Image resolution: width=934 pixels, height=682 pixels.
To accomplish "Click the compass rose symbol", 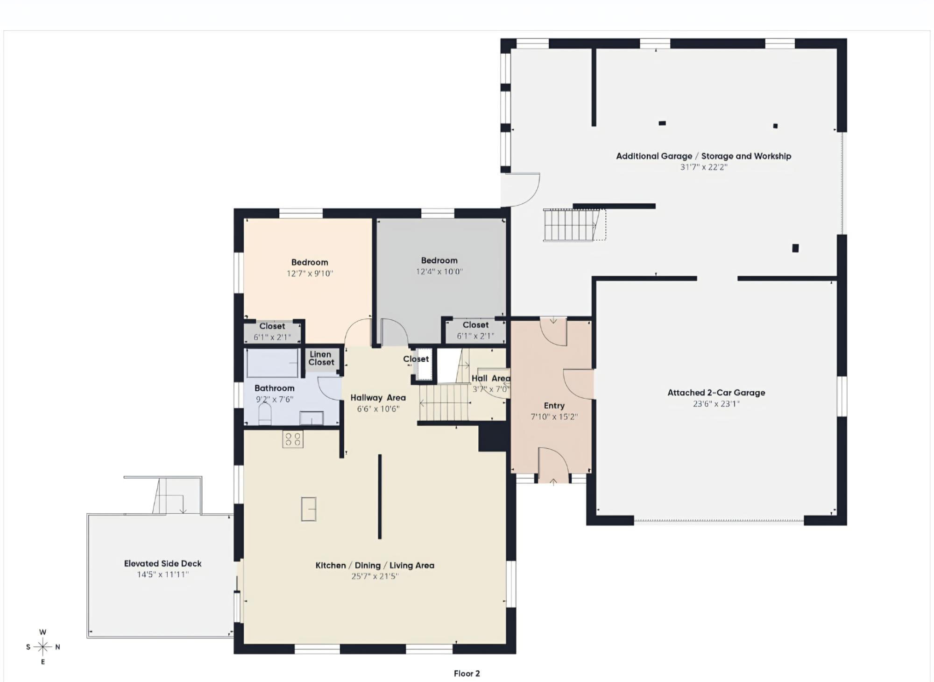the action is coord(43,647).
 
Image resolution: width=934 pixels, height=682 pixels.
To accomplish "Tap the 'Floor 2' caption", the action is coord(467,674).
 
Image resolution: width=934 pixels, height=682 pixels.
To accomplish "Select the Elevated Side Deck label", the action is coord(163,564).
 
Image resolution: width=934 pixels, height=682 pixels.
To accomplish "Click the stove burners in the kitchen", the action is coord(293,439).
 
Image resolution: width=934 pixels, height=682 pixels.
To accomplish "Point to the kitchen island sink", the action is coord(309,509).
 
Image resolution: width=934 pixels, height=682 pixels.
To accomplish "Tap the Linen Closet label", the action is coord(321,358).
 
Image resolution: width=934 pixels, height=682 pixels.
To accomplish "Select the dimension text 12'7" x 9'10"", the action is coord(310,273).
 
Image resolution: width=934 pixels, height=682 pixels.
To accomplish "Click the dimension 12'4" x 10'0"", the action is coord(439,272).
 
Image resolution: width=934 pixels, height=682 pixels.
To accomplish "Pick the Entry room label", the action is coord(554,406).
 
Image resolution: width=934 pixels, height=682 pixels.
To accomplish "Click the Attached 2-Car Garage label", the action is coord(716,393).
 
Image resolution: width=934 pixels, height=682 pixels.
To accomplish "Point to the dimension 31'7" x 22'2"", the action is coord(703,167).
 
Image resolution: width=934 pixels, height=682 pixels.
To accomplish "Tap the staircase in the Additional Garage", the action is coord(574,225).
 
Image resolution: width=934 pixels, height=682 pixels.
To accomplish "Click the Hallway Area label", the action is coord(378,398).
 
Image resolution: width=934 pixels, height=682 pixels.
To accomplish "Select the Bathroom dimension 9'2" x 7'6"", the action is coord(275,399).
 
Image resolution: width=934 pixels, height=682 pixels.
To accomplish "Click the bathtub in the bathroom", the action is coord(273,363).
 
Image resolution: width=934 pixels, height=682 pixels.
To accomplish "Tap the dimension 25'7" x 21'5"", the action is coord(375,576).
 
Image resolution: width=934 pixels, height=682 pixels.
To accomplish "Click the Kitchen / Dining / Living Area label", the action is coord(375,566).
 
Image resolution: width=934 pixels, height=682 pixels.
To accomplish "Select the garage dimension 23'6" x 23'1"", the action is coord(716,404).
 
